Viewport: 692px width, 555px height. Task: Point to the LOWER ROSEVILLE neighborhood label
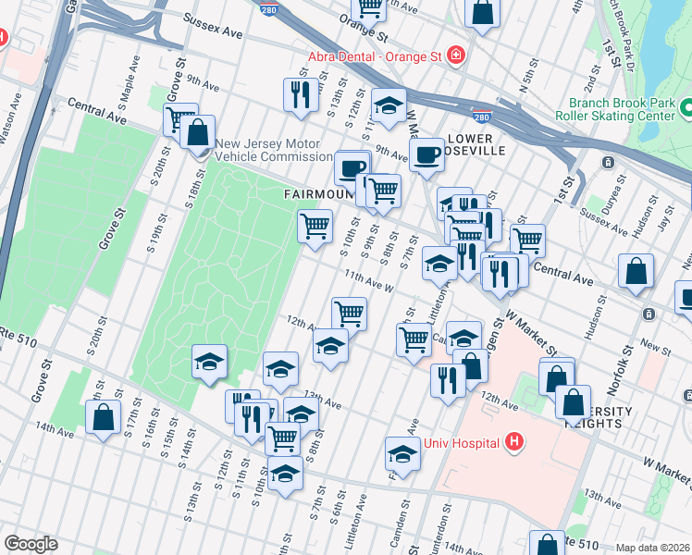click(x=476, y=144)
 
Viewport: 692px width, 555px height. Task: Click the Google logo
click(x=31, y=544)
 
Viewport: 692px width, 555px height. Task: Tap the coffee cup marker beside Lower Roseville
click(x=426, y=154)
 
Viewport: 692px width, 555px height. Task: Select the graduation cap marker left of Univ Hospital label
click(x=402, y=454)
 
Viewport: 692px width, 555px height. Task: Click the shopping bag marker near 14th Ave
click(x=102, y=415)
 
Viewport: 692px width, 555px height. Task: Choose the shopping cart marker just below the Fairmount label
click(x=315, y=225)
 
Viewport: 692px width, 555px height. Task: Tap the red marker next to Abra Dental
click(x=455, y=56)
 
